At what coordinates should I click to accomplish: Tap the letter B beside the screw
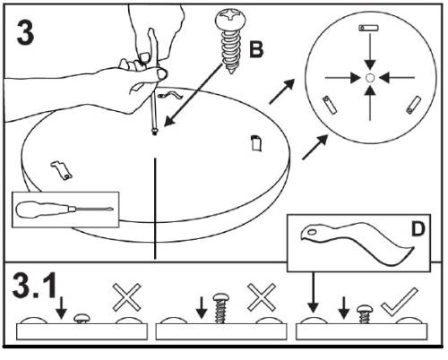(x=256, y=50)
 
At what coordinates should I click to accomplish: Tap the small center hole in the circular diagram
(x=369, y=78)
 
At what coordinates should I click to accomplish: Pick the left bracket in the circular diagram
(x=327, y=105)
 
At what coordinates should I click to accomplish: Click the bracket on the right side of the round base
(x=254, y=141)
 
